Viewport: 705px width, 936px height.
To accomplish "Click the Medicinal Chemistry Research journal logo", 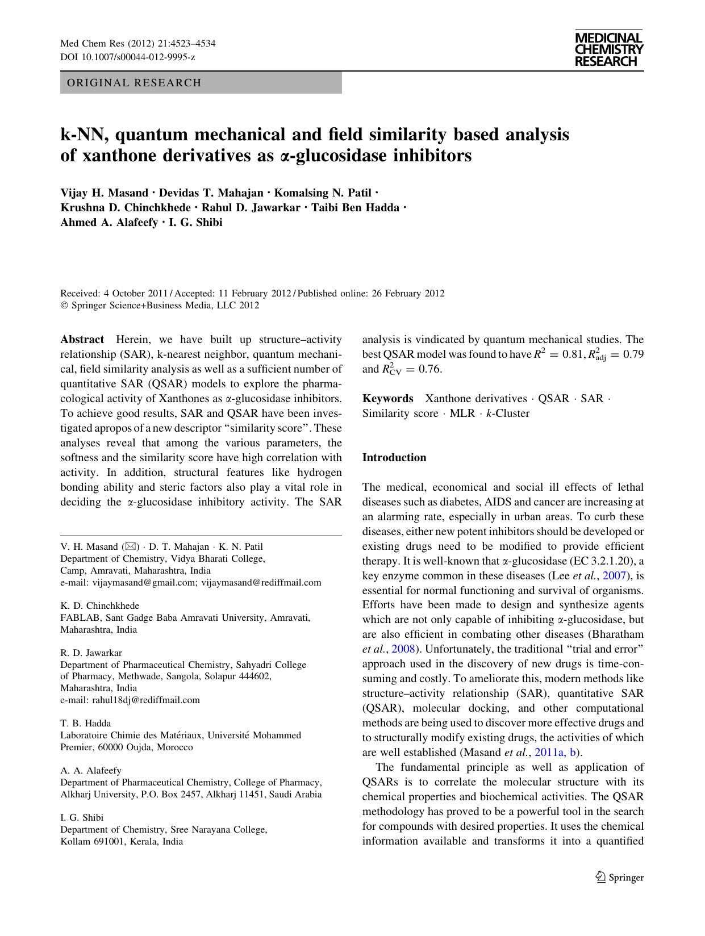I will [x=608, y=49].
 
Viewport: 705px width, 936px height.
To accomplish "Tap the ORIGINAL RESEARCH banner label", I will [x=134, y=83].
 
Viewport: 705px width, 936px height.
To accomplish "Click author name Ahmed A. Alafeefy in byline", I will [x=109, y=222].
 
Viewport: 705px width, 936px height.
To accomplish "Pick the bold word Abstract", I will [x=82, y=340].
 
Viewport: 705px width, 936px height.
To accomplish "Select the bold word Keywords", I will [x=387, y=398].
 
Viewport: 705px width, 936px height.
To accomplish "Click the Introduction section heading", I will [x=394, y=457].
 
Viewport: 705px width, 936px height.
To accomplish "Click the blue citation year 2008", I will [x=403, y=649].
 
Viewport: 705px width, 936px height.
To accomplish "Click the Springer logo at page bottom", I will [x=620, y=877].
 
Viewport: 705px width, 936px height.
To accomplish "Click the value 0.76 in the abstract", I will [x=430, y=369].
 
